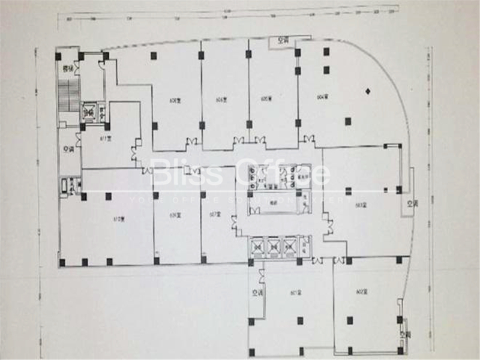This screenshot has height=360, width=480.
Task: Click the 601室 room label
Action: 295,293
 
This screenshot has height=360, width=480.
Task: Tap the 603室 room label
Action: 361,205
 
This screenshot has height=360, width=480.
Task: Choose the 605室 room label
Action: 267,98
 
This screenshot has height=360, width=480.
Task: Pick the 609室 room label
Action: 176,214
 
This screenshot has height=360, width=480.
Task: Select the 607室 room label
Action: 215,213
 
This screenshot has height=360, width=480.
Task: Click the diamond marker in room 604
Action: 368,91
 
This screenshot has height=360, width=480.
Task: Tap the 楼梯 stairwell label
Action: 68,69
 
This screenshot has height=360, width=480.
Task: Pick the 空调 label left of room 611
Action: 69,149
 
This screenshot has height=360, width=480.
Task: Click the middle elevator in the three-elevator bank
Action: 274,247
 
